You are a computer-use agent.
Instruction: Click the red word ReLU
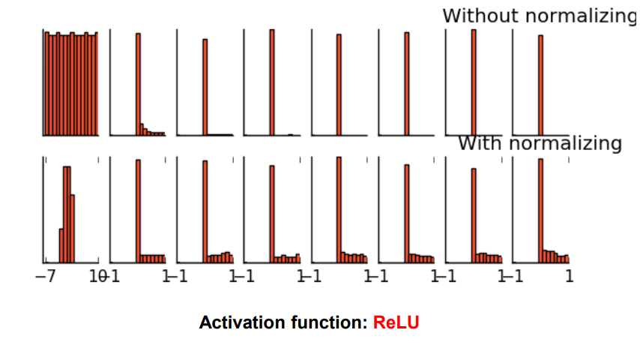[x=396, y=323]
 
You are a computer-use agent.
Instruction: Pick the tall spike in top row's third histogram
[x=205, y=87]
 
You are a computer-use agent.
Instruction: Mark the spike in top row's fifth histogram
[x=339, y=85]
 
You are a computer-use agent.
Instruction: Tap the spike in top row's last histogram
[x=540, y=85]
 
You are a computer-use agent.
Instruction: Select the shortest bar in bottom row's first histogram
[x=61, y=245]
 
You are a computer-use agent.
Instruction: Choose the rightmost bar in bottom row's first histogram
[x=72, y=229]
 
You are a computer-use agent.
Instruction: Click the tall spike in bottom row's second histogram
[x=138, y=210]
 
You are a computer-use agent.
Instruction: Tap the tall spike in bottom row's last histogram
[x=540, y=210]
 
